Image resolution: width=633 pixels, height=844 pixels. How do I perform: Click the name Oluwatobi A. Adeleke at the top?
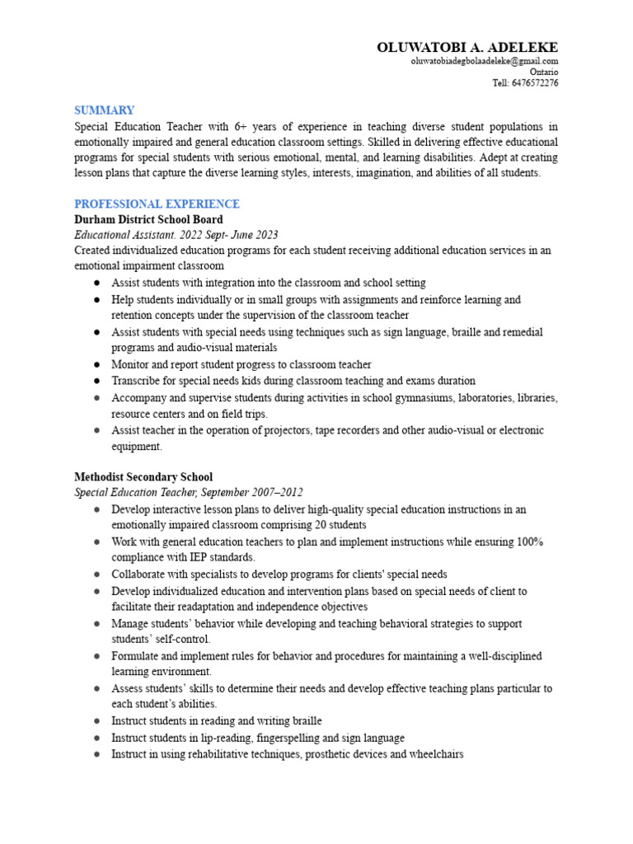click(467, 47)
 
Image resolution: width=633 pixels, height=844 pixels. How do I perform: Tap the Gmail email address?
click(485, 61)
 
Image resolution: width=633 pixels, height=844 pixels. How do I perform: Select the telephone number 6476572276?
click(535, 82)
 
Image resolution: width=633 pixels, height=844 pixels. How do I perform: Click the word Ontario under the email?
click(544, 72)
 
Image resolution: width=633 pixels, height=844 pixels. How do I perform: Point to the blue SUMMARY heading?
click(104, 110)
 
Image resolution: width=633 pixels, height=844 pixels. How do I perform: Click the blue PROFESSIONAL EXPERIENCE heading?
click(157, 204)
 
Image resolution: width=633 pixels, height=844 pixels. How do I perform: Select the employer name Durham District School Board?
click(148, 220)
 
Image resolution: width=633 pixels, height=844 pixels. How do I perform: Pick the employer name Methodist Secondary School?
click(143, 476)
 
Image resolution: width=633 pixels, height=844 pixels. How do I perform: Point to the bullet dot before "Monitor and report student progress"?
click(96, 364)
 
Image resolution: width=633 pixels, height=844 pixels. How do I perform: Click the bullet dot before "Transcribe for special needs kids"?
click(96, 381)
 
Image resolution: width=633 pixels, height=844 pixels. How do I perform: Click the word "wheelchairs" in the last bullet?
click(434, 753)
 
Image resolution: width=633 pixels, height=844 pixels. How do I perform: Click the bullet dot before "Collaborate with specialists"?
click(96, 574)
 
